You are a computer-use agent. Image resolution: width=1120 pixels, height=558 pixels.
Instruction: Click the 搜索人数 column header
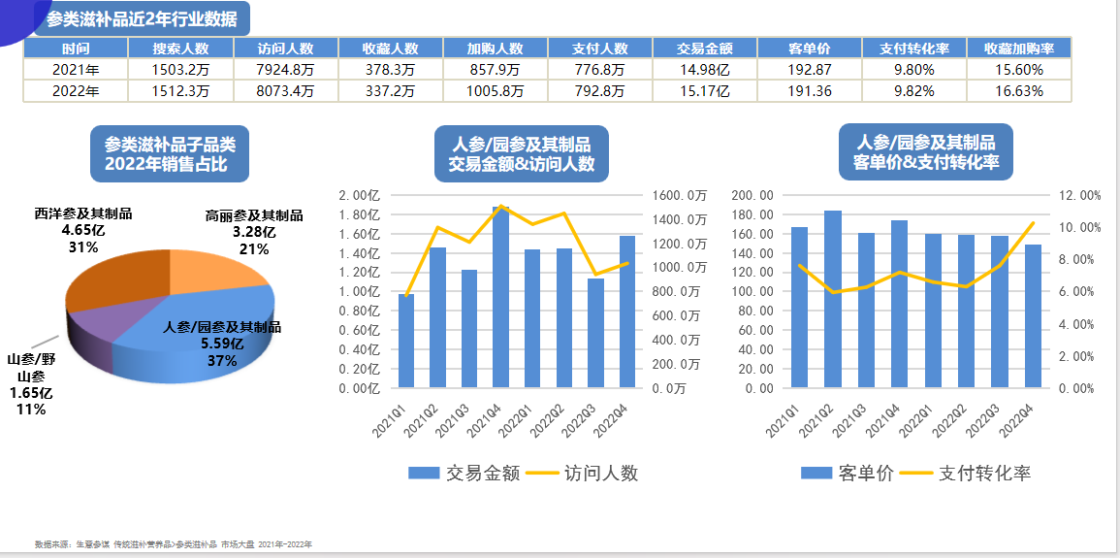click(181, 49)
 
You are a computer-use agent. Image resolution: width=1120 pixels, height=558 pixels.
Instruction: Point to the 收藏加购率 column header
click(1019, 49)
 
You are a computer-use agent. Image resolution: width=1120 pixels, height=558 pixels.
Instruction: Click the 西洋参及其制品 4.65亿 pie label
click(83, 230)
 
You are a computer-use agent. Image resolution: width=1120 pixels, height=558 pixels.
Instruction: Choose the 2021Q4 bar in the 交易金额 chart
click(500, 297)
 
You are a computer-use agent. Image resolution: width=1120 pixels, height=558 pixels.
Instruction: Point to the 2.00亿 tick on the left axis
click(358, 195)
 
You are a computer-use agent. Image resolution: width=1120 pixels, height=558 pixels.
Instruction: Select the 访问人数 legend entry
click(582, 474)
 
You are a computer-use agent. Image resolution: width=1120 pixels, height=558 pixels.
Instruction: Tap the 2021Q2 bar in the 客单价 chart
click(832, 299)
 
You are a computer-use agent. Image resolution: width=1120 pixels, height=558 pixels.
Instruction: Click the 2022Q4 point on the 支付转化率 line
click(1033, 223)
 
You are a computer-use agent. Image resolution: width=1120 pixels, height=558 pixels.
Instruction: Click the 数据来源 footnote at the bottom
click(174, 544)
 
